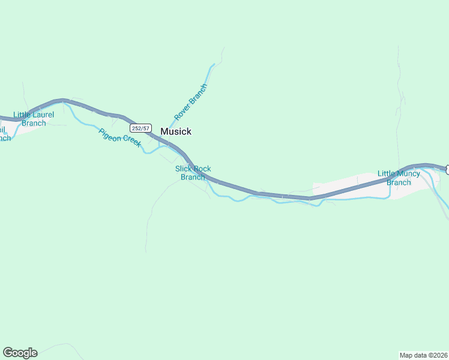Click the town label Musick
176,131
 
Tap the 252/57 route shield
140,128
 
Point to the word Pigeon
109,133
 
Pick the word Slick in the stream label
184,169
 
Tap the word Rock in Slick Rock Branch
203,169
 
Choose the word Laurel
43,115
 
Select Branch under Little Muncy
399,182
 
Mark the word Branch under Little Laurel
34,123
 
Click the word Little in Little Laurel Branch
23,115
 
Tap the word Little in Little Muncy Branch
387,174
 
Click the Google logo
20,353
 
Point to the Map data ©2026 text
423,355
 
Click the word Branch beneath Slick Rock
193,177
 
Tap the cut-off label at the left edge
4,133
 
